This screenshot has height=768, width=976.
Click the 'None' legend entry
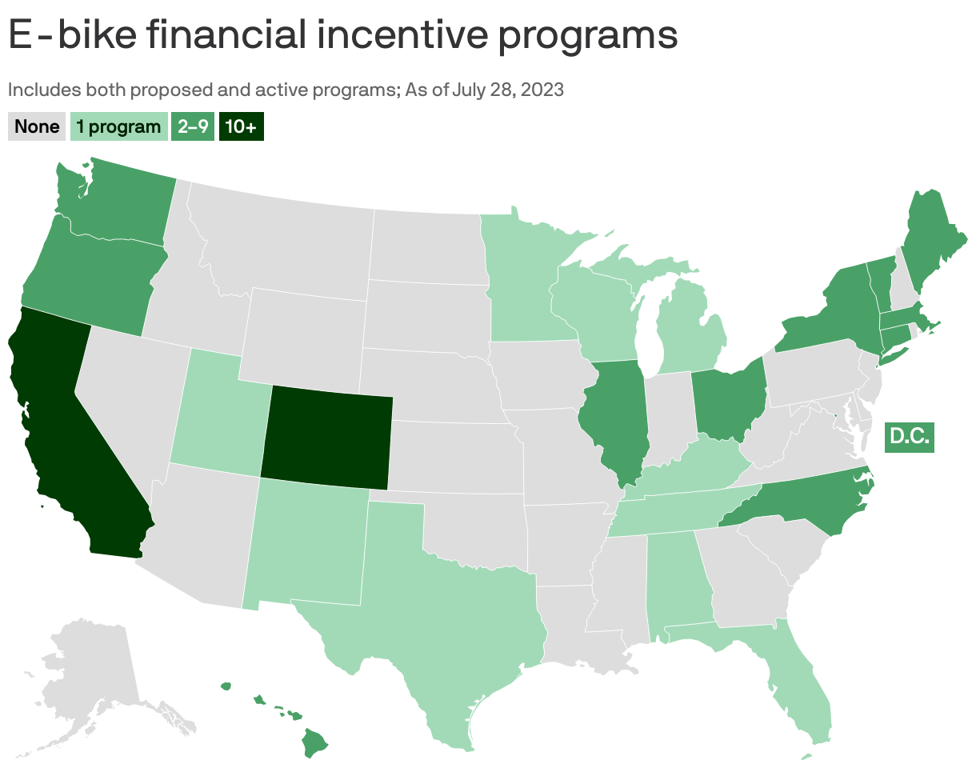(37, 126)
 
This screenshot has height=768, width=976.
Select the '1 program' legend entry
(118, 126)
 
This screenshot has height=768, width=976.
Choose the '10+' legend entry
(242, 126)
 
